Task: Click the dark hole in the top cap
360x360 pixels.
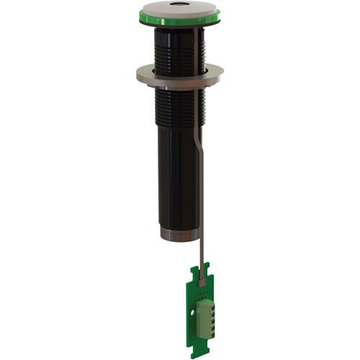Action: point(179,9)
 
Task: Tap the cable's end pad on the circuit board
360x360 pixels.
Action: point(202,283)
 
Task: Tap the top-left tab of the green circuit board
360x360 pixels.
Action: point(192,269)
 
